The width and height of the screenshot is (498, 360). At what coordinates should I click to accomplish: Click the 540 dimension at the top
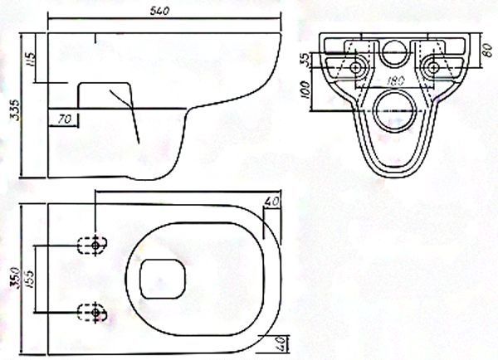[160, 11]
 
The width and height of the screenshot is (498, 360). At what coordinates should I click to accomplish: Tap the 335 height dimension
[14, 109]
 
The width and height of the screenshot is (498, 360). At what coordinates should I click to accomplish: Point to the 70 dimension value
[65, 119]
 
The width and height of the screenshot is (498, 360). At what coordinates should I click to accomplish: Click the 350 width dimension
[15, 278]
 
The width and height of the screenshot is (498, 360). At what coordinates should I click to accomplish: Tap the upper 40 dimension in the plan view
[272, 202]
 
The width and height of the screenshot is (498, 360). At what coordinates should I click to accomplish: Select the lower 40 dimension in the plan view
[281, 343]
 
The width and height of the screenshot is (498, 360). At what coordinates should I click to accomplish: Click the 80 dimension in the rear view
[487, 51]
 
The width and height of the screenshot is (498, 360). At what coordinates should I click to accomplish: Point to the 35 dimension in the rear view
[305, 60]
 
